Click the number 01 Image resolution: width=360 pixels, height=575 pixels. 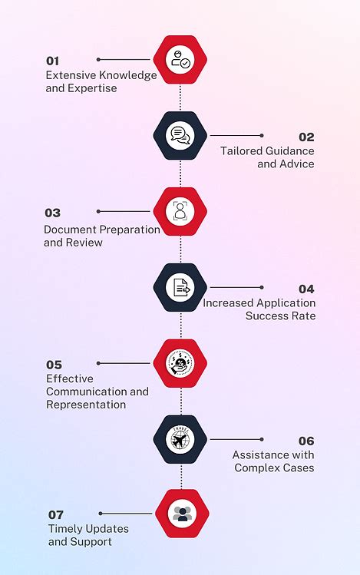coord(52,61)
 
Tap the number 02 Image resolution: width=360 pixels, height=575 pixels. coord(306,137)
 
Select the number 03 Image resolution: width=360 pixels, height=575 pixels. coord(53,213)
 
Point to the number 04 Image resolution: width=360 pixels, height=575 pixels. coord(306,289)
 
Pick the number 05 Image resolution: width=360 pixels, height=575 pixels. coord(54,365)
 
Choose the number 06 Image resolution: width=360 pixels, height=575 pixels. coord(306,441)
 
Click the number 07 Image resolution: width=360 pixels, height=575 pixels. coord(56,515)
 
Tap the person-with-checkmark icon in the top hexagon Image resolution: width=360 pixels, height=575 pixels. coord(180,59)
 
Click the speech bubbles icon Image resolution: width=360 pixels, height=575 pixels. coord(180,135)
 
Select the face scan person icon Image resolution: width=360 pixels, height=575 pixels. coord(180,211)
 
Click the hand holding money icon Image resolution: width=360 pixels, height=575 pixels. coord(180,363)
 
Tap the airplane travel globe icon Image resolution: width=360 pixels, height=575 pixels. coord(180,438)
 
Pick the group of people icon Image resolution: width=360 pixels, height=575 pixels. coord(183,514)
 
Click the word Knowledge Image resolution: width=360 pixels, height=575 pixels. coord(128,75)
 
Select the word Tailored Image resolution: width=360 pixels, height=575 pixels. coord(242,150)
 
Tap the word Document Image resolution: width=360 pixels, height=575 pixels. coord(71,230)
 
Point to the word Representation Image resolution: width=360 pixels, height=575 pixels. coord(86,405)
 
